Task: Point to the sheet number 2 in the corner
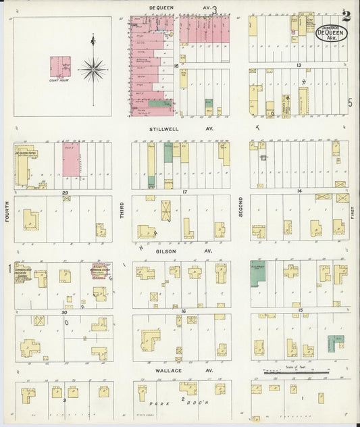pos(346,14)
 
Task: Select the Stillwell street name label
pos(163,126)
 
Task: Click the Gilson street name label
pos(166,251)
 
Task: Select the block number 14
pos(298,193)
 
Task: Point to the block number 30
pos(64,312)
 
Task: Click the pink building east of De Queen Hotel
pos(70,164)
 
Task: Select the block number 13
pos(298,66)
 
